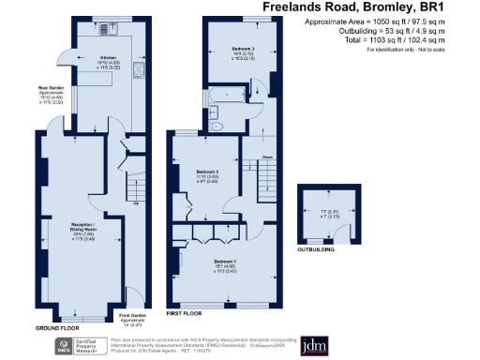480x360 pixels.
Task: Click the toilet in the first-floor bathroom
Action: [x=217, y=127]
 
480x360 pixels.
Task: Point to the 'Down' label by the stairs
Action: [x=266, y=157]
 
